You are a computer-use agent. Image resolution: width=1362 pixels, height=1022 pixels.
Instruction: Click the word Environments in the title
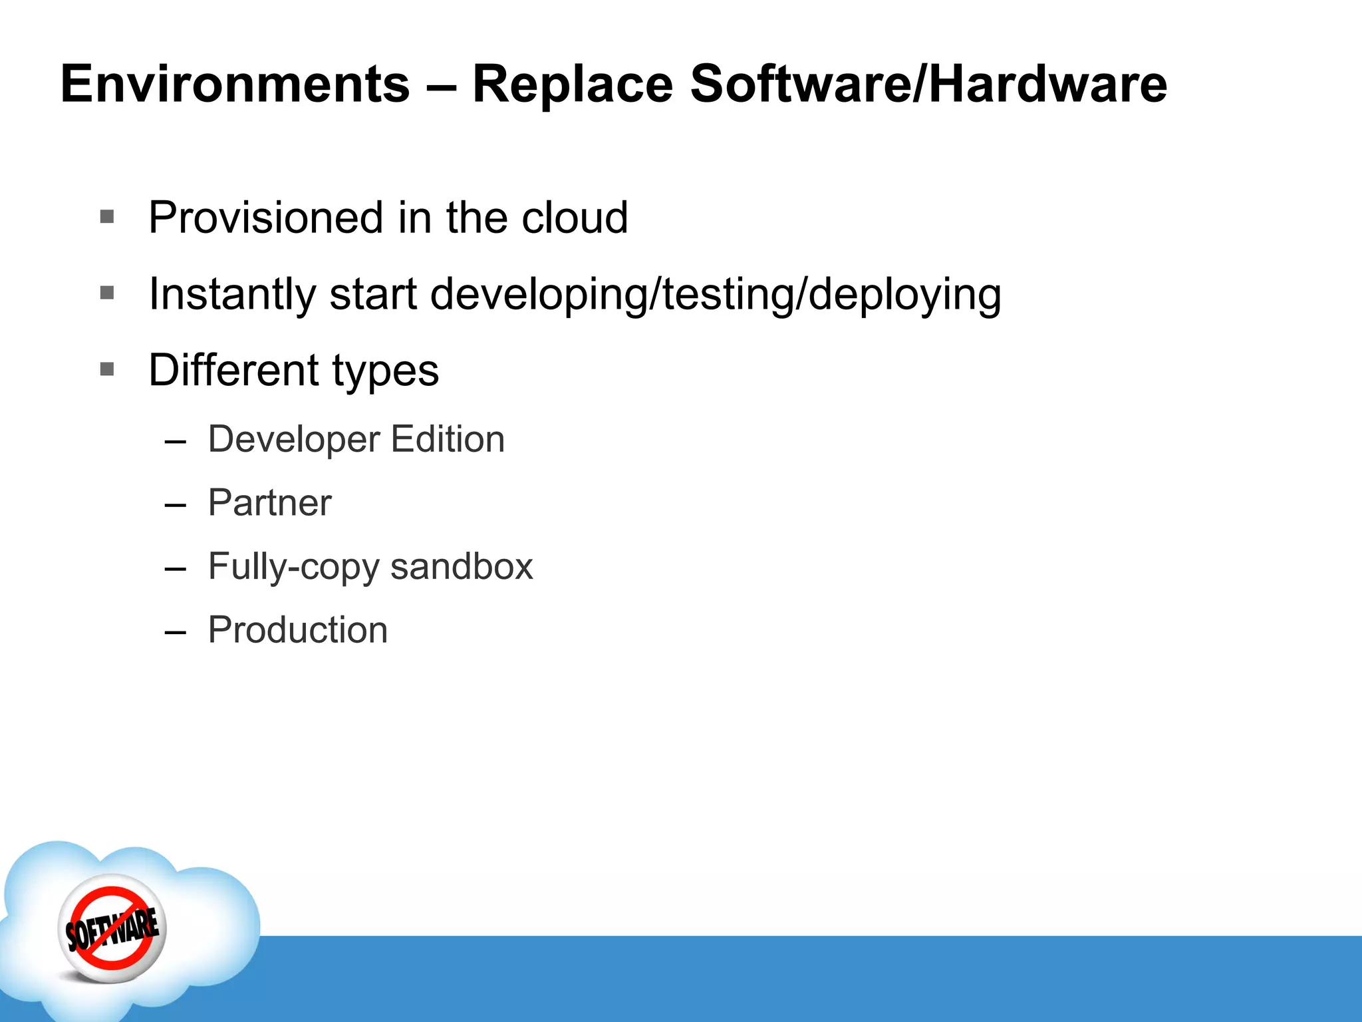[x=235, y=85]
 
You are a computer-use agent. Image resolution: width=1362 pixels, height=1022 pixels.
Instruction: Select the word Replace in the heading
[x=572, y=85]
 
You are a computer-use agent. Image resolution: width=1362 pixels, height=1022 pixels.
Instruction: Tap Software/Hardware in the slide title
[x=928, y=85]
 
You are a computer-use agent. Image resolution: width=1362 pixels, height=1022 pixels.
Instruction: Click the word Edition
[x=448, y=439]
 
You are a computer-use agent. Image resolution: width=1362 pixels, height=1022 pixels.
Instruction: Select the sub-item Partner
[x=269, y=502]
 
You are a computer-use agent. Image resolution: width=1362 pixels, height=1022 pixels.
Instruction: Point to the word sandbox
[x=462, y=566]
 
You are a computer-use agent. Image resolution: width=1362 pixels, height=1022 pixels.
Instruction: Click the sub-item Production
[x=297, y=629]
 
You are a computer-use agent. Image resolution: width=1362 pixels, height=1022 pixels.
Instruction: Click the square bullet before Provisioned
[x=107, y=217]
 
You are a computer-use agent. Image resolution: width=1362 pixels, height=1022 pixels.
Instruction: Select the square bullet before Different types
[x=107, y=369]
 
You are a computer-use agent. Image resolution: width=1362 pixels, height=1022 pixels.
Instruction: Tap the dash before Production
[x=175, y=631]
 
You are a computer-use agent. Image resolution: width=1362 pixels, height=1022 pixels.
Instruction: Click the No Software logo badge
[x=112, y=928]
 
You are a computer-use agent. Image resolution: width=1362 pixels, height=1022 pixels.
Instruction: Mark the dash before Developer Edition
[x=175, y=441]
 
